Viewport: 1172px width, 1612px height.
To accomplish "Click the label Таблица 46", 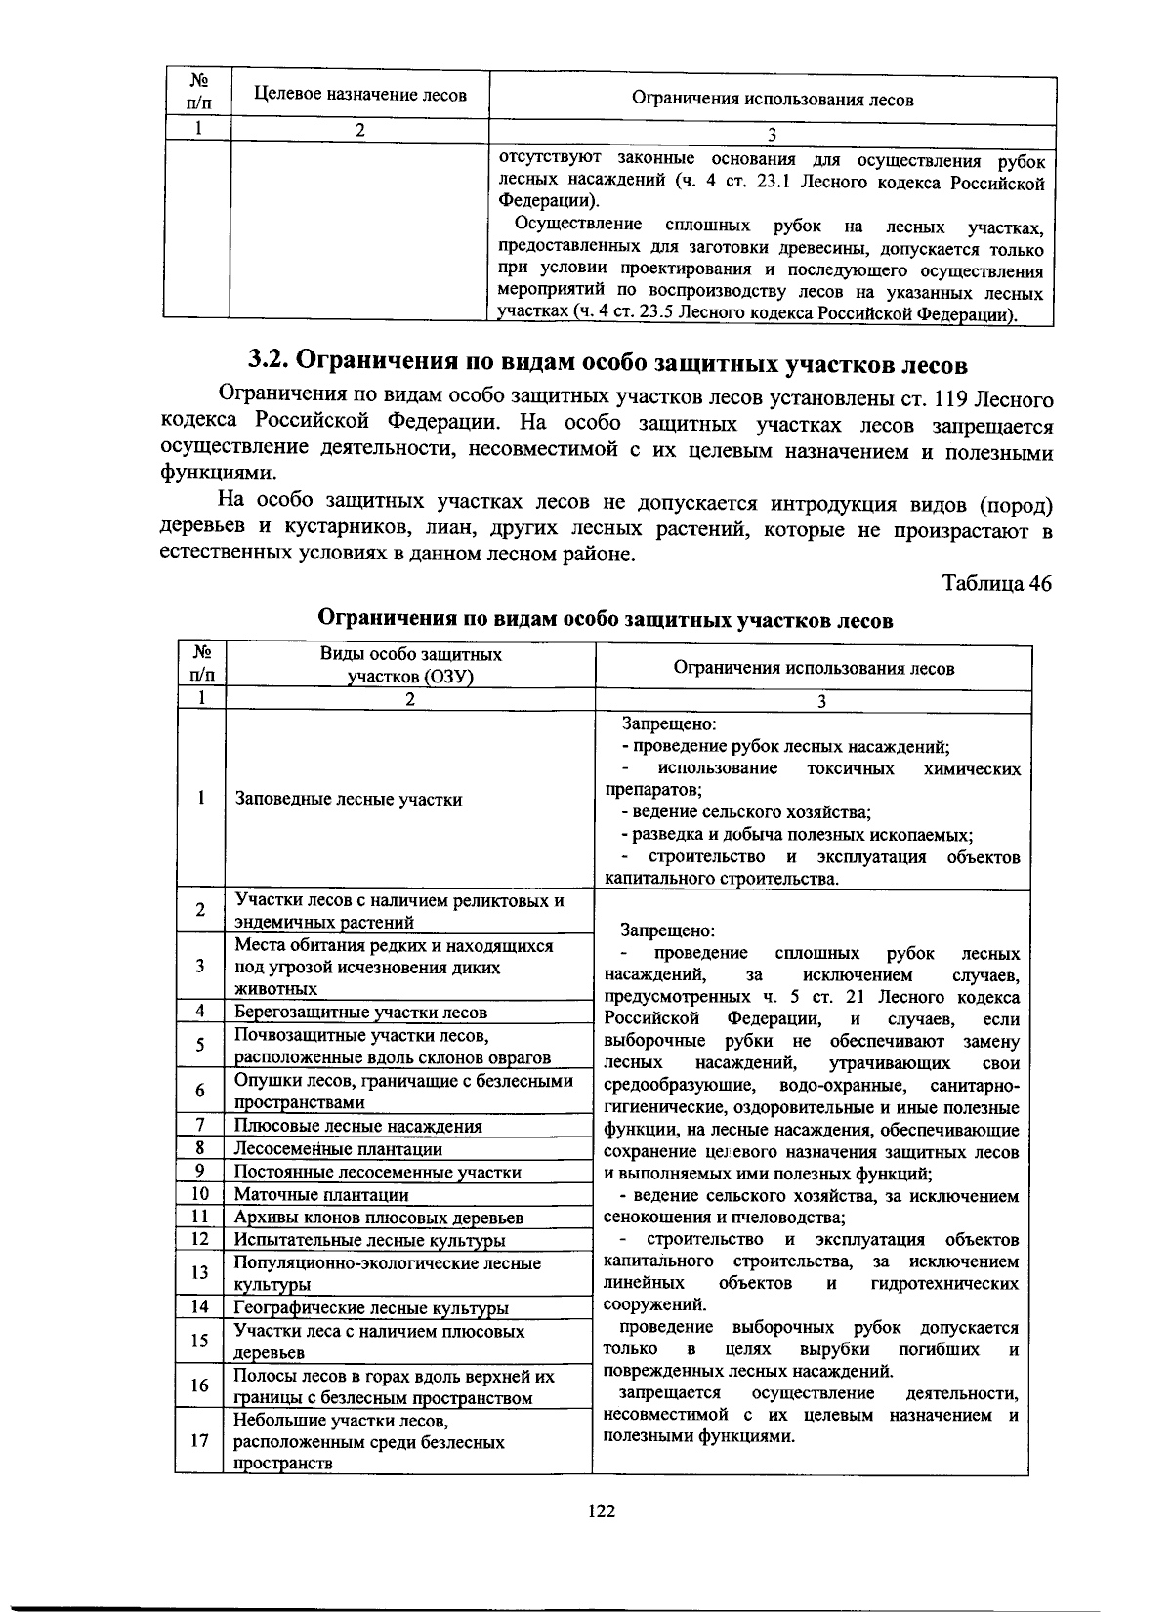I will (996, 583).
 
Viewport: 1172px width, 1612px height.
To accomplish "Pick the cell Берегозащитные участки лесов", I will (360, 1013).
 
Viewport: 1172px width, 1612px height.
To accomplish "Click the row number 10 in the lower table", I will (200, 1194).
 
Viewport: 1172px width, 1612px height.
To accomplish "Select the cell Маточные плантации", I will (321, 1194).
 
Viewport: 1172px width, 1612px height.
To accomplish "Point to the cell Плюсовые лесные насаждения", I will (357, 1126).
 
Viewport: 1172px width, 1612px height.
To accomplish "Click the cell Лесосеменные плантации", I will (338, 1149).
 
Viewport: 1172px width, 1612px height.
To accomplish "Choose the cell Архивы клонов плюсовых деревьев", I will (379, 1218).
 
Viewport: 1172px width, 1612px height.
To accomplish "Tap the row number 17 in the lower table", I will (200, 1440).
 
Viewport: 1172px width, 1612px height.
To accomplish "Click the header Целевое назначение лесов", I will (360, 95).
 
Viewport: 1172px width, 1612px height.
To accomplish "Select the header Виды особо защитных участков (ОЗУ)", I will (411, 666).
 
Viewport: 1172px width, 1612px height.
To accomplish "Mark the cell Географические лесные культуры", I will (371, 1308).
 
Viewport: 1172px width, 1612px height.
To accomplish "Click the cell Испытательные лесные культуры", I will (369, 1240).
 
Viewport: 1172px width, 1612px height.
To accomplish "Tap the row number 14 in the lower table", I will (200, 1307).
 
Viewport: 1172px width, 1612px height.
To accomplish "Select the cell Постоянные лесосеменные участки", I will (377, 1172).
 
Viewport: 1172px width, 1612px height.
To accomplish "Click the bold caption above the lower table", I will (606, 620).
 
